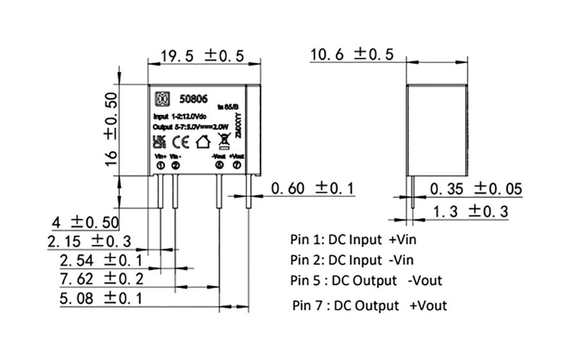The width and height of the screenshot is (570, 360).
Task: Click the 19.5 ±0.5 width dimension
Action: coord(203,56)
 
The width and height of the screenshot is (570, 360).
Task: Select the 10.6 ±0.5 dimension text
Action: coord(352,55)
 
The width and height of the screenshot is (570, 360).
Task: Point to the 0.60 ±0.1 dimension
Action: coord(312,189)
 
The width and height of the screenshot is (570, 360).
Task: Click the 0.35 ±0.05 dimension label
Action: coord(476,189)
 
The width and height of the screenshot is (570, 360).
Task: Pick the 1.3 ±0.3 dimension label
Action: coord(470,210)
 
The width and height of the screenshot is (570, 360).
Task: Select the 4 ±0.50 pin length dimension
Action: coord(85,223)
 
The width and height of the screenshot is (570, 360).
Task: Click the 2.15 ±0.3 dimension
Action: coord(89,241)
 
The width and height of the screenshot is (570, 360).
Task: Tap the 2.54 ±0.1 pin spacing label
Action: coord(101,260)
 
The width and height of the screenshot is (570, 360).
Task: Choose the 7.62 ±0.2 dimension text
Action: coord(101,278)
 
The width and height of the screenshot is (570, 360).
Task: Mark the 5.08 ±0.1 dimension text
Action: coord(101,298)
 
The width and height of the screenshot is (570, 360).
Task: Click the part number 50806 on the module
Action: coord(193,99)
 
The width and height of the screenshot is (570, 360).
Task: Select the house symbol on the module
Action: coord(204,142)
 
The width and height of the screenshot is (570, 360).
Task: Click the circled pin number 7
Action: coord(237,165)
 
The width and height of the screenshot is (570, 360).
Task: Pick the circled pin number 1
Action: coord(160,165)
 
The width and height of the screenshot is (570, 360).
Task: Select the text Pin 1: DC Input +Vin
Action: coord(353,240)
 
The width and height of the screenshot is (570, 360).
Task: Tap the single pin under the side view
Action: coord(412,192)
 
